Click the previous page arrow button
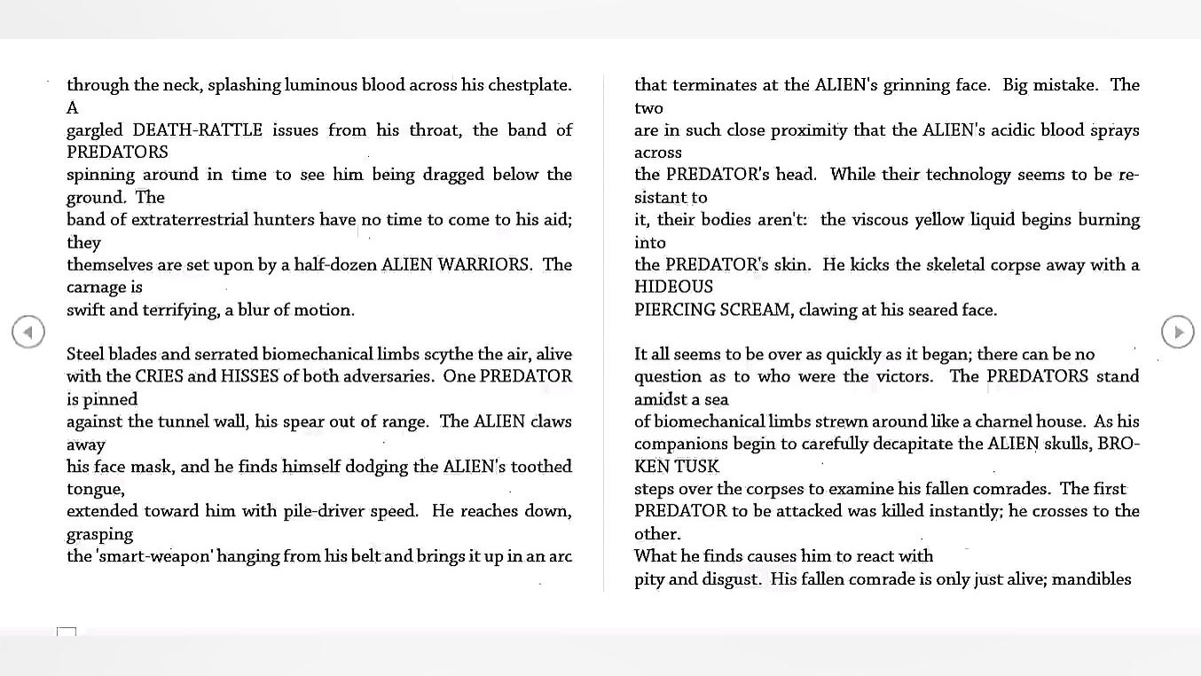(28, 332)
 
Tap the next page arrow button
(1177, 332)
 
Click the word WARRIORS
(484, 264)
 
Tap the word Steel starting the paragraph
(85, 354)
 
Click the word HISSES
(249, 376)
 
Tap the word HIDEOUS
(673, 287)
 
